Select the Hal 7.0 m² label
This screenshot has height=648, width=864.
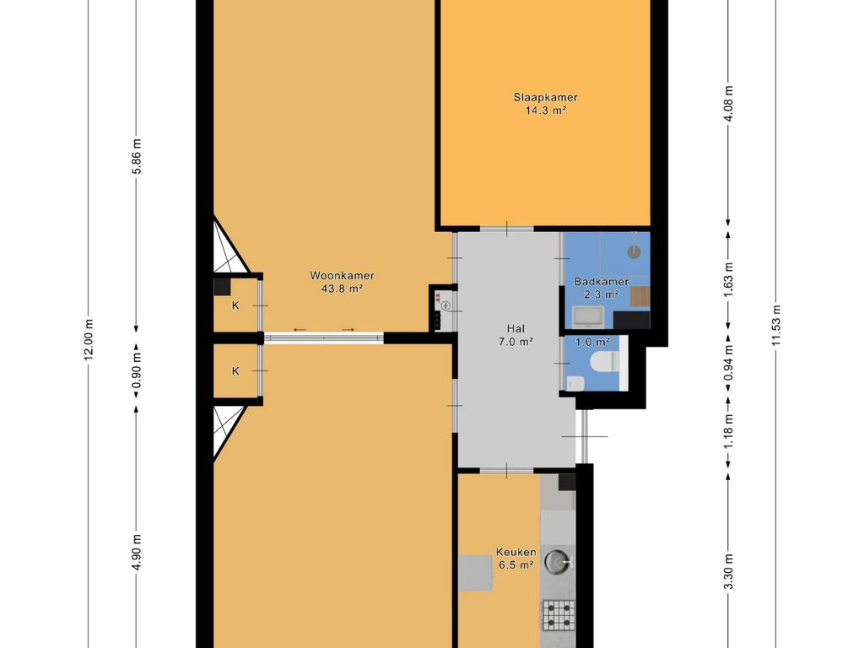(516, 335)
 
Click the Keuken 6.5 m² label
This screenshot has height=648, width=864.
(516, 559)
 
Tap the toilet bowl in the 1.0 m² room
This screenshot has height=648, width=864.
(604, 364)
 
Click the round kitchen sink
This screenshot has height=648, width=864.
(558, 562)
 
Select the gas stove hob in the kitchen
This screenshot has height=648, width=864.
(559, 615)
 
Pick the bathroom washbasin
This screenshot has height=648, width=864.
(589, 317)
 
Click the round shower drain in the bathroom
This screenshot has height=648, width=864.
(634, 251)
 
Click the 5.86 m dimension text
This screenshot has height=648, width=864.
(137, 156)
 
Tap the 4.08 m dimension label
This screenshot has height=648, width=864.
(728, 105)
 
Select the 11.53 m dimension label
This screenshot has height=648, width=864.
(776, 326)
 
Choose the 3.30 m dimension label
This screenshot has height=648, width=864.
(728, 571)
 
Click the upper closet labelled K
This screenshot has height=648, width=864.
(235, 305)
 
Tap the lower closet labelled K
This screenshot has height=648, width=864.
(235, 371)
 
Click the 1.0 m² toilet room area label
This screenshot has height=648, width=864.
(592, 343)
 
